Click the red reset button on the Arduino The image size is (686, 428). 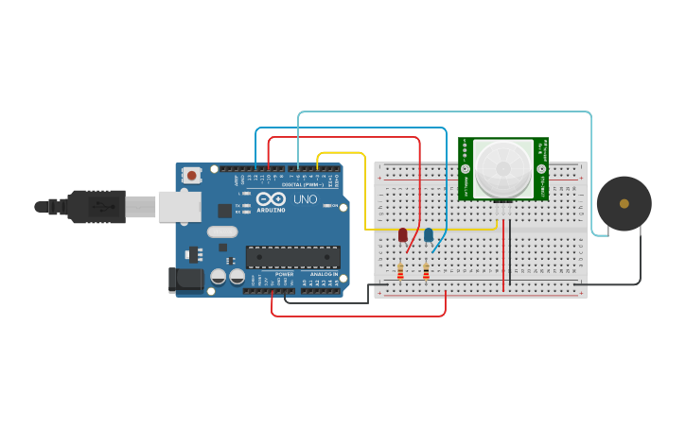coord(192,175)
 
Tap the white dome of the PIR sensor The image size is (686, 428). coord(503,168)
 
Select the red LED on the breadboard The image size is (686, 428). coord(403,234)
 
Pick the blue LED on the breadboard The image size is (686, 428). coord(429,234)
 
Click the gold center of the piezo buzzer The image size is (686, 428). coord(624,203)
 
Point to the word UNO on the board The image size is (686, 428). coord(306,200)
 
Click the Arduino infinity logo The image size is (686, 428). coord(271,199)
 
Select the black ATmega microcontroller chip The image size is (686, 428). coord(292,257)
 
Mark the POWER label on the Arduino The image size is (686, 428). coord(284,274)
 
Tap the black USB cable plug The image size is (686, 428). coord(96,206)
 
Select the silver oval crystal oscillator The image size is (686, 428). coord(222,231)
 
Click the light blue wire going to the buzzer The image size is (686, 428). coord(591,170)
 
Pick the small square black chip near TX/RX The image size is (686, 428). coord(225,211)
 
